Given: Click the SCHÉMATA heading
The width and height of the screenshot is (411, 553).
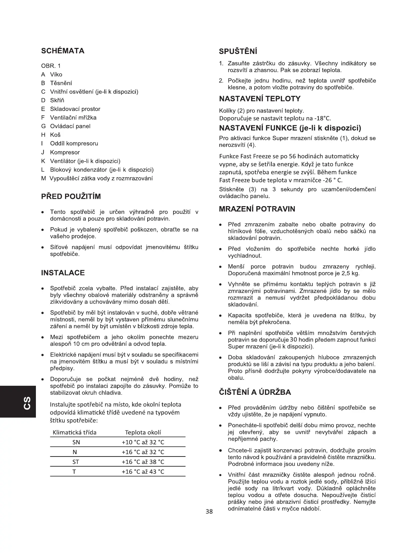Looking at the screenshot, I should pos(63,51).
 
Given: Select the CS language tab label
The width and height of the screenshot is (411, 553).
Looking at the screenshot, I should pos(27,402).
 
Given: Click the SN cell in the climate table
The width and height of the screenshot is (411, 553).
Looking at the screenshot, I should pos(76,442).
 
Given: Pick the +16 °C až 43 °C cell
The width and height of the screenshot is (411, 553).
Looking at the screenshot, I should pos(143,472).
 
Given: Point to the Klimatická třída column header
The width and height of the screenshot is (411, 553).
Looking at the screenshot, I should pos(74,432).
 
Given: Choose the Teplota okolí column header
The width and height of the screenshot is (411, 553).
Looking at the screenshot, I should pos(143,432).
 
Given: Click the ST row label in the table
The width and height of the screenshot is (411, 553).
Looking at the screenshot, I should pos(76,462).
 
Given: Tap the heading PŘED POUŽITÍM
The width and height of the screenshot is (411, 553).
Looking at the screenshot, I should pos(71,196).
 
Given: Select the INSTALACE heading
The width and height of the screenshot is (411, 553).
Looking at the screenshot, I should pos(63,273).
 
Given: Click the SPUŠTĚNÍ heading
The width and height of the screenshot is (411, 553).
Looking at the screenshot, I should pos(238,52).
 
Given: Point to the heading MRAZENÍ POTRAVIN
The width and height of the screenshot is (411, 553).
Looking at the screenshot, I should pos(257,209).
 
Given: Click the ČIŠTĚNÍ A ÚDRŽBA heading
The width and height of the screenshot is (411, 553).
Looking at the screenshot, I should pos(255,392).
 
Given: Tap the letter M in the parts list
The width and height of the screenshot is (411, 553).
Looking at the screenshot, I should pos(44,178).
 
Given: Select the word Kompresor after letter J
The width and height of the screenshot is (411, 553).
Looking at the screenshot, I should pos(65,152).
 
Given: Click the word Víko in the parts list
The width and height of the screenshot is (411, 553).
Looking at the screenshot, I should pos(56,74).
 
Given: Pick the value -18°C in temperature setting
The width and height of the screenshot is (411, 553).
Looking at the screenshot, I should pos(323,118).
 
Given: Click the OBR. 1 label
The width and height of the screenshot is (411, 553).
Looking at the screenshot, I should pos(51,66).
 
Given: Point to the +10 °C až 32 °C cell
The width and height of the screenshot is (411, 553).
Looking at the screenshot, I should pos(143,442).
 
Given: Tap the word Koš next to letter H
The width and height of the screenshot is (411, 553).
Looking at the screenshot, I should pos(55,135).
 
